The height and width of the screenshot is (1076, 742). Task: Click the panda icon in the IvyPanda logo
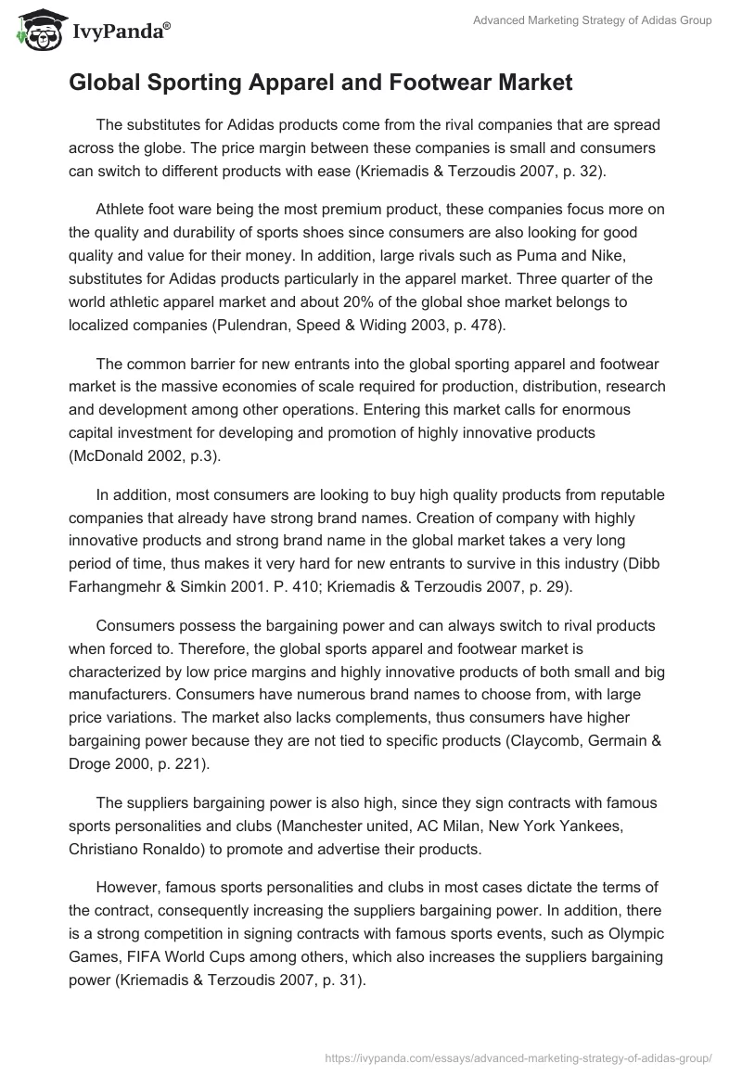click(35, 31)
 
